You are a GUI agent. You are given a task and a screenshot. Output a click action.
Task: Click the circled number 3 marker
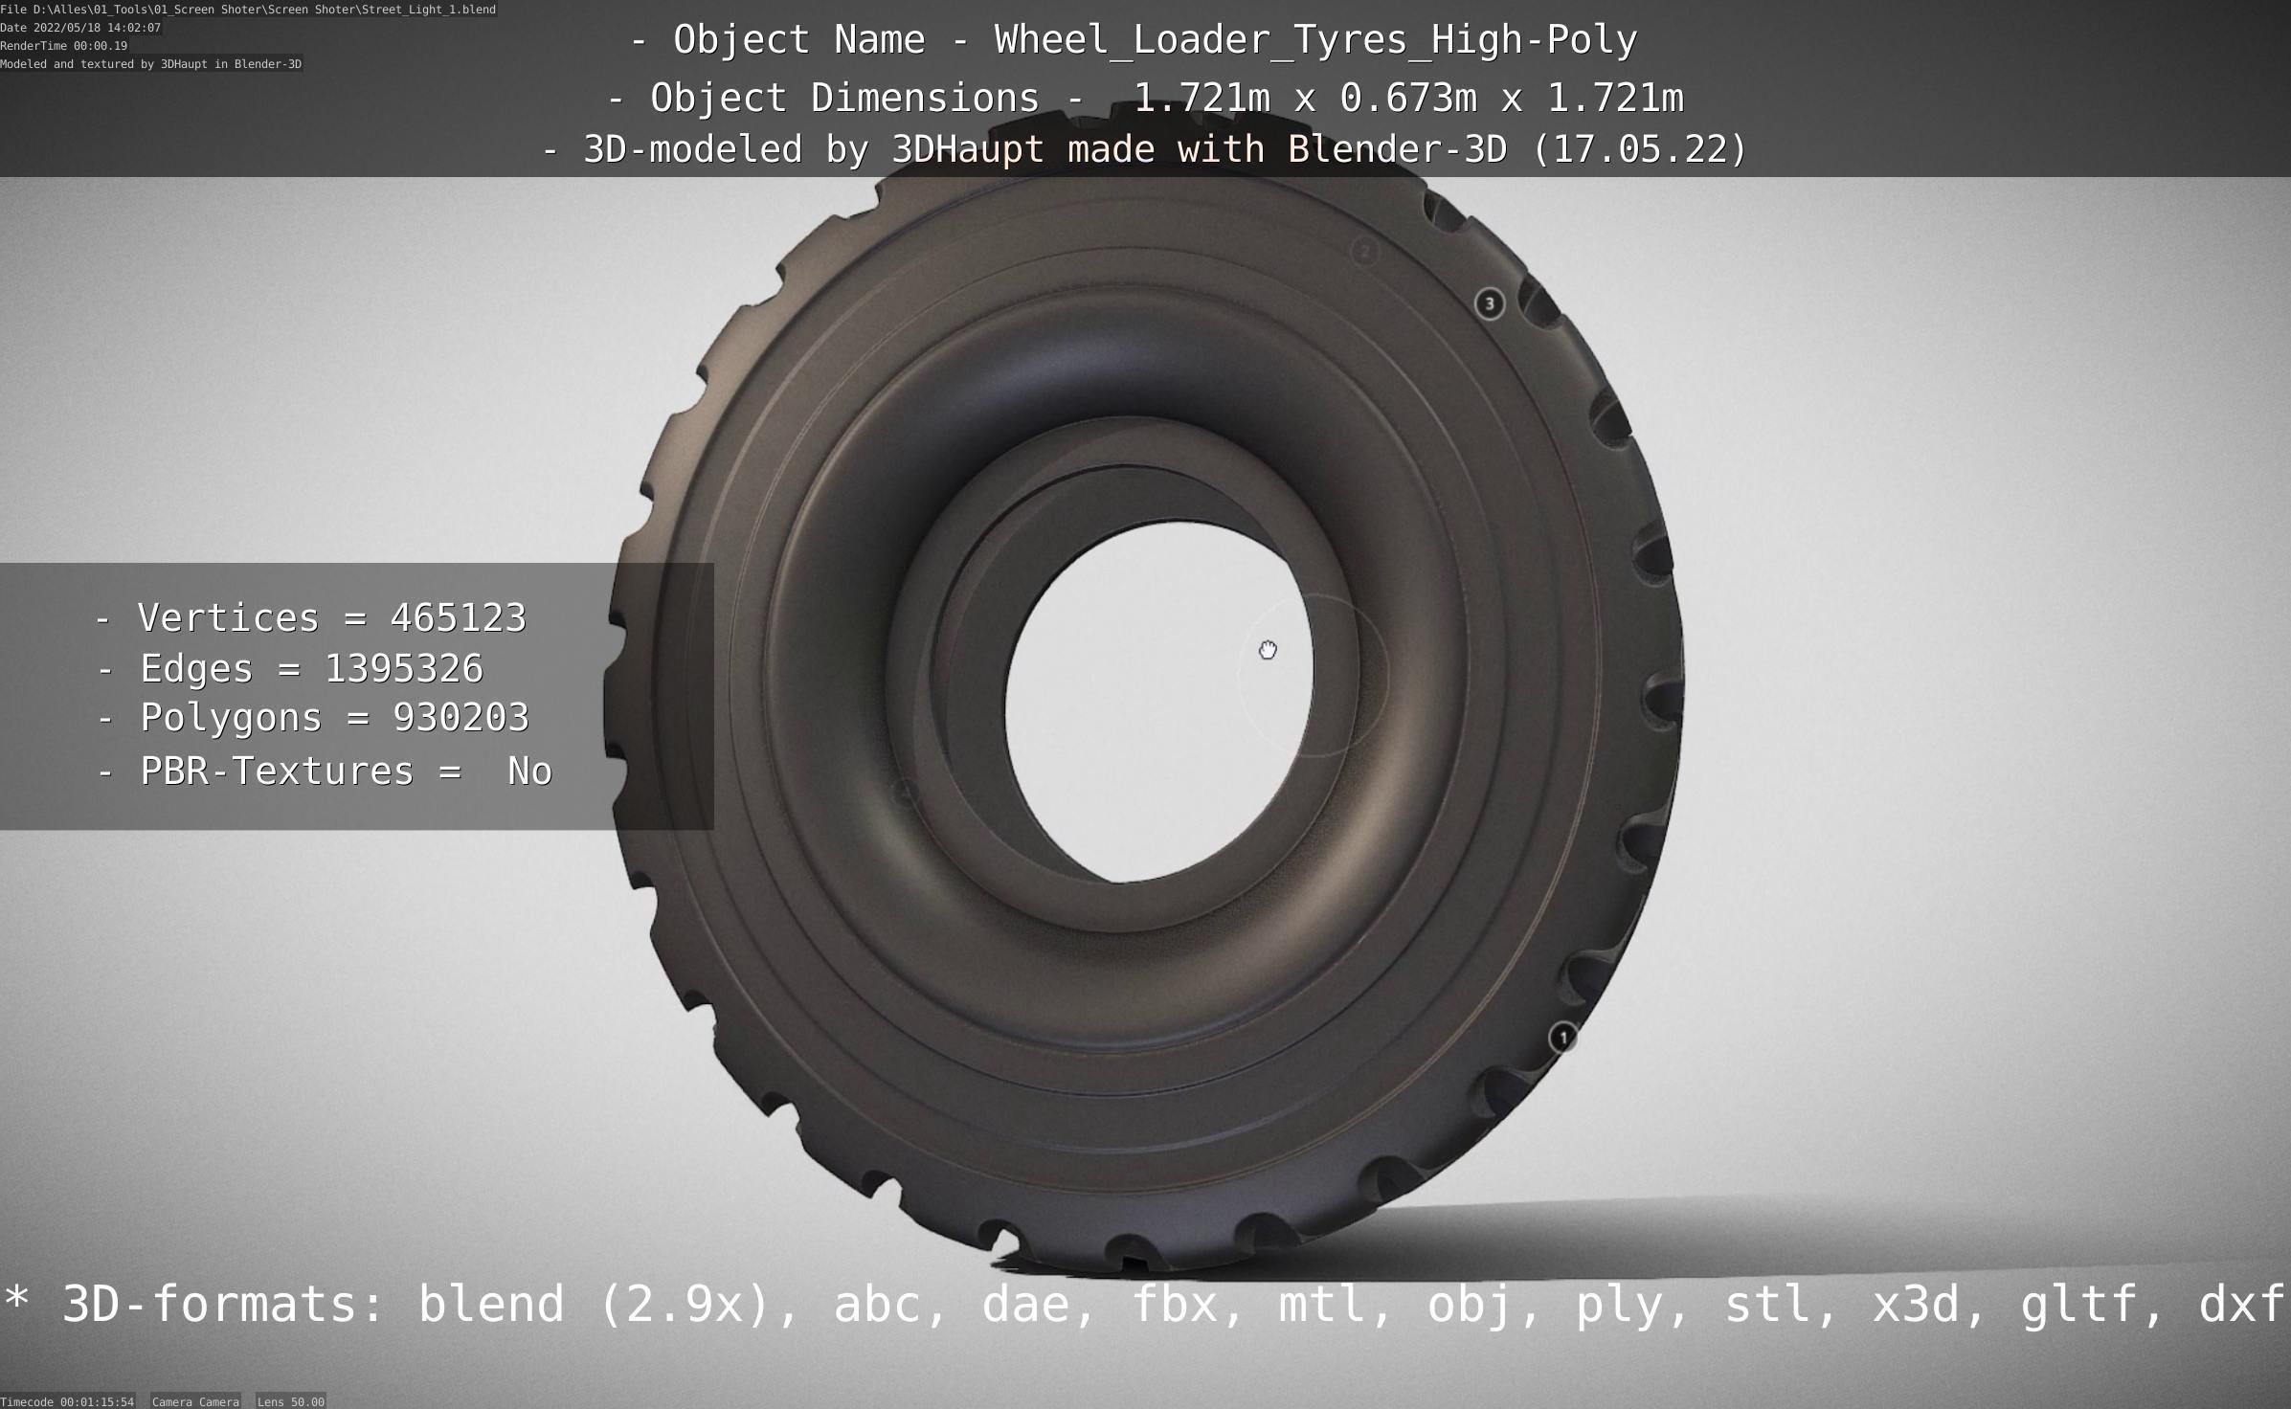[x=1489, y=304]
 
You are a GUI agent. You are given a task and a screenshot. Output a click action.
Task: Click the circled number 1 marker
[x=1562, y=1038]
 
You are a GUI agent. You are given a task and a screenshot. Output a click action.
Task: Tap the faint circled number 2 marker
[x=1365, y=252]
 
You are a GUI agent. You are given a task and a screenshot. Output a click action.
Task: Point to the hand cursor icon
[x=1268, y=651]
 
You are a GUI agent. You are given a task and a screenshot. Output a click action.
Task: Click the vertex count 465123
[x=458, y=618]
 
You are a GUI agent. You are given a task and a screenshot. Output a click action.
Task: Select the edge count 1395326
[x=404, y=669]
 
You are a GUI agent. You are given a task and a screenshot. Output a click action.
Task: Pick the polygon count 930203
[x=460, y=718]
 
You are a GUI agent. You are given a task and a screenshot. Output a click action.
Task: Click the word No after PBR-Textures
[x=529, y=772]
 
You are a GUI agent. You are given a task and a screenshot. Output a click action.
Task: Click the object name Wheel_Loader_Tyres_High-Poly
[x=1315, y=40]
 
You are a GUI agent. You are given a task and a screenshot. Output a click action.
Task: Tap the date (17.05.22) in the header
[x=1639, y=149]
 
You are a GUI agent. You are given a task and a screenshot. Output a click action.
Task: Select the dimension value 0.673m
[x=1407, y=98]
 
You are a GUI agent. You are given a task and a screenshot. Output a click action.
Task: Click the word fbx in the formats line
[x=1175, y=1305]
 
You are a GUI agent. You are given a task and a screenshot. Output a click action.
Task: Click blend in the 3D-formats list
[x=491, y=1305]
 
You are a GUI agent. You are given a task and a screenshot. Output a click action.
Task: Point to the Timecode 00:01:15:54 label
[x=67, y=1401]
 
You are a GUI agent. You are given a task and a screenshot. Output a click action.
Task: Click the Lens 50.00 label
[x=290, y=1401]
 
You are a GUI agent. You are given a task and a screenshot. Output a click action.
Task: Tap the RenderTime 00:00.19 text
[x=63, y=46]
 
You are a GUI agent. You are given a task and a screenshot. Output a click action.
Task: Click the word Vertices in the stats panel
[x=228, y=618]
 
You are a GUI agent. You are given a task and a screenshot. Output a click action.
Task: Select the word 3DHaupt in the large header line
[x=967, y=149]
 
